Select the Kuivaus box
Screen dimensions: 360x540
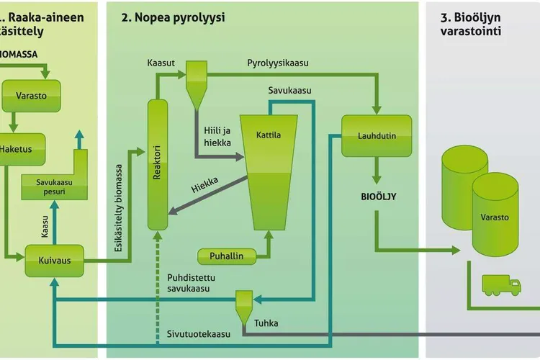click(54, 260)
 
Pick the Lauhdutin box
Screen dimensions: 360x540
click(377, 135)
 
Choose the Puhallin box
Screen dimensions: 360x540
click(226, 256)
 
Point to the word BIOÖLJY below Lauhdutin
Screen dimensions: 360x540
click(378, 196)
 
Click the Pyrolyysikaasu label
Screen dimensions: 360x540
click(278, 63)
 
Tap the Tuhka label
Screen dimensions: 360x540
click(266, 323)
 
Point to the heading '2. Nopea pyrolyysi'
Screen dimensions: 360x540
click(174, 17)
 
